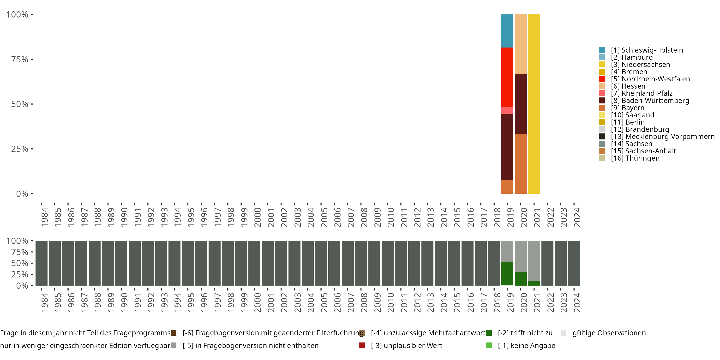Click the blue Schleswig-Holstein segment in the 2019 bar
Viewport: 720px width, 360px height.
click(507, 31)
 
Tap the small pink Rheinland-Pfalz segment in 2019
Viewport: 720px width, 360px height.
click(507, 111)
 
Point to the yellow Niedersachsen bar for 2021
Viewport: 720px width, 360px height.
click(534, 104)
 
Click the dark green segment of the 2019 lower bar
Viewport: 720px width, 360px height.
click(507, 273)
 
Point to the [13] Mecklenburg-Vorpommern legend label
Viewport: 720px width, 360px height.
click(662, 137)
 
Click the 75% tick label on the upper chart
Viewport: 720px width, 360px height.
click(20, 59)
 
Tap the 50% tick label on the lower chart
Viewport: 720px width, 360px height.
click(20, 263)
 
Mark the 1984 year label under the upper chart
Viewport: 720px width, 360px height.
click(44, 217)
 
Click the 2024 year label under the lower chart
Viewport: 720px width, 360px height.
click(577, 302)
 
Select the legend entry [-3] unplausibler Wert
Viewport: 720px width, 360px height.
click(406, 345)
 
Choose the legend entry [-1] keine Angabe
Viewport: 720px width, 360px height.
click(526, 345)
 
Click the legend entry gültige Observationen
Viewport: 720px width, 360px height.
click(609, 333)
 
